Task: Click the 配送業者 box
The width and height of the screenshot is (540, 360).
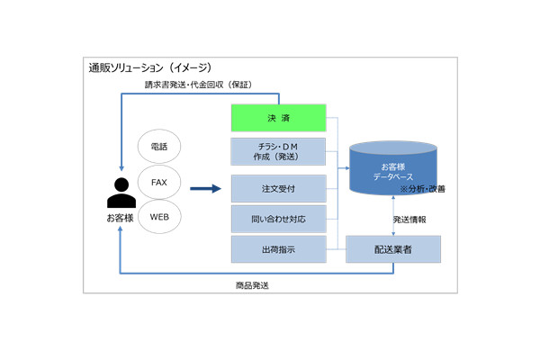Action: (393, 249)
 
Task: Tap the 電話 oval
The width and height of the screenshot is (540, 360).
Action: (159, 146)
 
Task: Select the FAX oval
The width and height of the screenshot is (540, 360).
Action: (159, 182)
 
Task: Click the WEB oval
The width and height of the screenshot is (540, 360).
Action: (159, 217)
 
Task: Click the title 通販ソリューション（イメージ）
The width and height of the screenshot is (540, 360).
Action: (149, 67)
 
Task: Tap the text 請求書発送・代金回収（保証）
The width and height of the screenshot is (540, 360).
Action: (197, 85)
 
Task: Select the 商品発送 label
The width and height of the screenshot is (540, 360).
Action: (253, 285)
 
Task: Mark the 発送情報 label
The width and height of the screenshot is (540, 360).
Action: (410, 220)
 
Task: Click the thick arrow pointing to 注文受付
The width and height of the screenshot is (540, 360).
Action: (206, 189)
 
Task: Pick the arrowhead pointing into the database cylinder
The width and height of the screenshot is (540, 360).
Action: (349, 167)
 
